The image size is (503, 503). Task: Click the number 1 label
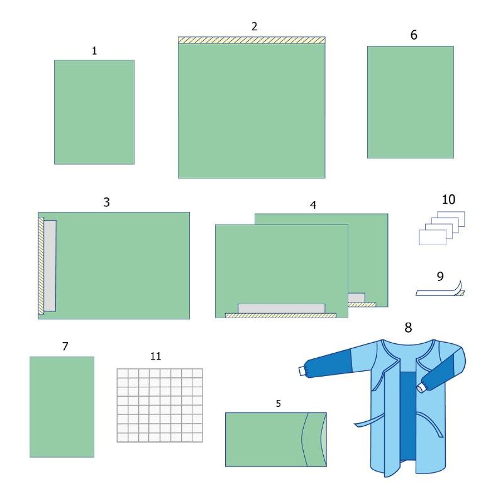[x=94, y=51]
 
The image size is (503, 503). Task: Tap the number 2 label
[x=255, y=26]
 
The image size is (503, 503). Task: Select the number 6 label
[x=414, y=35]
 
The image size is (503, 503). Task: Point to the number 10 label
[x=448, y=199]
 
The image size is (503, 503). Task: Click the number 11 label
[x=155, y=356]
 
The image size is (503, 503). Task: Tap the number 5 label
[x=279, y=404]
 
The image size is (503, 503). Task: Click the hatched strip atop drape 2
[x=251, y=40]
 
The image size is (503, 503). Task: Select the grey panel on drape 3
[x=50, y=265]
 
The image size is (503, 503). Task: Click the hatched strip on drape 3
[x=41, y=265]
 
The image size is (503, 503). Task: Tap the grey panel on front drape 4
[x=281, y=309]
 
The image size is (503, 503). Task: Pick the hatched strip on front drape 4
[x=280, y=316]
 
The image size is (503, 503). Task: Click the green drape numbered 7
[x=62, y=407]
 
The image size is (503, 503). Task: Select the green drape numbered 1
[x=94, y=112]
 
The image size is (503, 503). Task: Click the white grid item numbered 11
[x=160, y=406]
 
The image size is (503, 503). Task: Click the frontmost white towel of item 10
[x=433, y=238]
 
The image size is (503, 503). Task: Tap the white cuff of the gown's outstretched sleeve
[x=302, y=371]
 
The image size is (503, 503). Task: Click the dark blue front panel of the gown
[x=407, y=417]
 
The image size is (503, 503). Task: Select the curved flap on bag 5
[x=314, y=439]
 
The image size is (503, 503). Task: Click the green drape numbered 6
[x=411, y=102]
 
